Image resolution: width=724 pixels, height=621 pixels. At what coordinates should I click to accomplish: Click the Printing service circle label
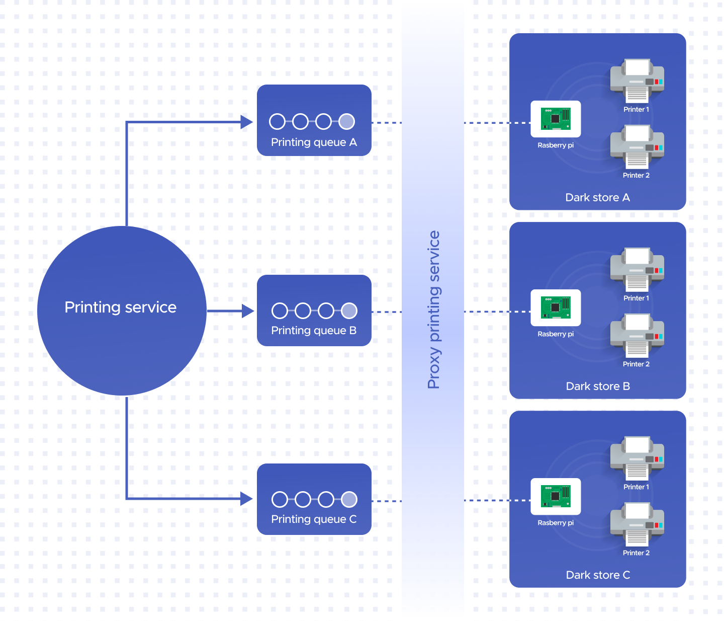click(x=121, y=307)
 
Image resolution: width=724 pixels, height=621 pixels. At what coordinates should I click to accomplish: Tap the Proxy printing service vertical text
click(x=433, y=309)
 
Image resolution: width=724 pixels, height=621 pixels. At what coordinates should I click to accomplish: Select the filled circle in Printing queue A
click(x=346, y=121)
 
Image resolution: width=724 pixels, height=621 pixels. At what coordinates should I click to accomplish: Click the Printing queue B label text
click(x=314, y=331)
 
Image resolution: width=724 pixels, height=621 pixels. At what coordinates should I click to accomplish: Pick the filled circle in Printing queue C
click(x=349, y=499)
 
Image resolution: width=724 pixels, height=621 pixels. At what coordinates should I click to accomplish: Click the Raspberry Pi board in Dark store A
click(x=556, y=119)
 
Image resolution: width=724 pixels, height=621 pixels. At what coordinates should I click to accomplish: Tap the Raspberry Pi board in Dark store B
click(x=556, y=307)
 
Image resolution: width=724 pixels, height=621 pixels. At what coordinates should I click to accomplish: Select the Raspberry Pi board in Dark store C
click(x=556, y=496)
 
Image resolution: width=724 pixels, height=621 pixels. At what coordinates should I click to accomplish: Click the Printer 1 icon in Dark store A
click(x=637, y=81)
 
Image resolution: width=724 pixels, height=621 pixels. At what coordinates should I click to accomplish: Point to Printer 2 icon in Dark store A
click(x=637, y=146)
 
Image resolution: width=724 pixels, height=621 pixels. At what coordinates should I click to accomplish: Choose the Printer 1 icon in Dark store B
click(x=637, y=269)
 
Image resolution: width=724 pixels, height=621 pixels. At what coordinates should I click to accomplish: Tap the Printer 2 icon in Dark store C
click(x=637, y=524)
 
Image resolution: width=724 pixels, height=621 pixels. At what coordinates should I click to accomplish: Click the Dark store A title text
click(x=597, y=198)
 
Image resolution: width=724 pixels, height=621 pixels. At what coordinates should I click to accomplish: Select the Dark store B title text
click(x=598, y=386)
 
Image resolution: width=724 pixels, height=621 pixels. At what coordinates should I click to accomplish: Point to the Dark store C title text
click(x=598, y=575)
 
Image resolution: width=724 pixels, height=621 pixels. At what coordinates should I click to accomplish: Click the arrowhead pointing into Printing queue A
click(x=246, y=122)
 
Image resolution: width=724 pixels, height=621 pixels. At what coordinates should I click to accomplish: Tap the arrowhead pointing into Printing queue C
click(x=246, y=499)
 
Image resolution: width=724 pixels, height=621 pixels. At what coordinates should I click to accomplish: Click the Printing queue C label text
click(x=314, y=519)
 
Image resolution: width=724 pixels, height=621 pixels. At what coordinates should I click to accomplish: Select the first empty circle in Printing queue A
click(x=278, y=121)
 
